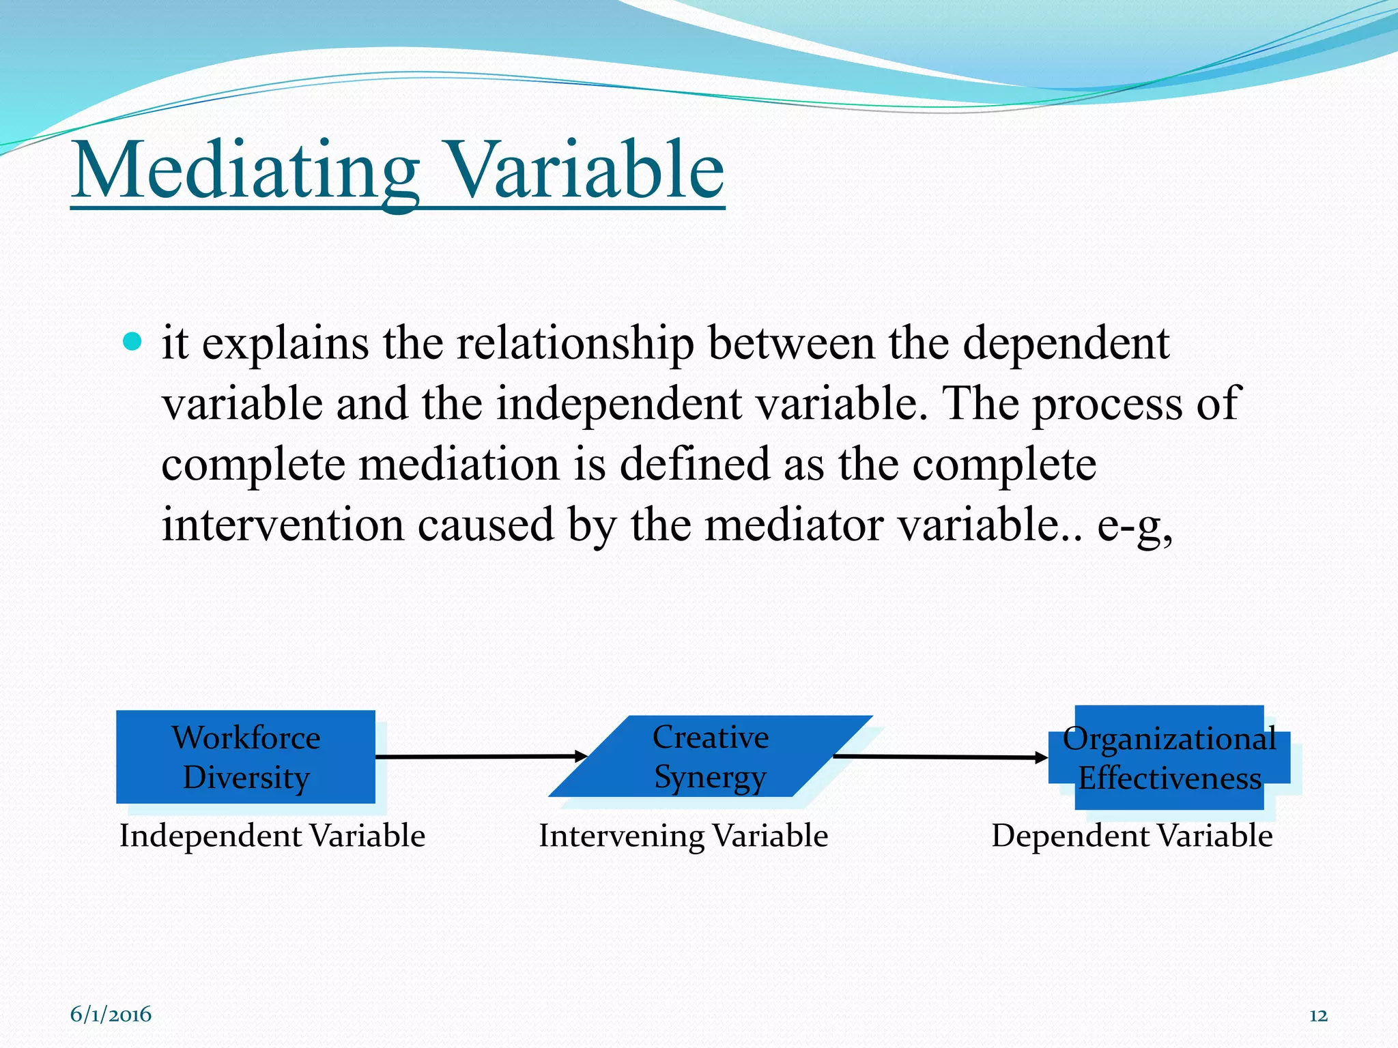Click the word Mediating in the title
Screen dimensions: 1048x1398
pos(246,171)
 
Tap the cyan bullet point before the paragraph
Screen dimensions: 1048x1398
pos(132,341)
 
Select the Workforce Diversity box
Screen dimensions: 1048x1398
pos(246,757)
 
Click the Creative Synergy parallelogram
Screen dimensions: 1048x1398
pos(710,757)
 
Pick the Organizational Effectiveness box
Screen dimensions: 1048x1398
pos(1169,757)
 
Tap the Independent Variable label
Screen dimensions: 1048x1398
pos(272,836)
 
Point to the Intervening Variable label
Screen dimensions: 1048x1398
pos(683,836)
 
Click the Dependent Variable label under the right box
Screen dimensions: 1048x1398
pos(1132,836)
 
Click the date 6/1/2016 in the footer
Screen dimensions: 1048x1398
pos(111,1015)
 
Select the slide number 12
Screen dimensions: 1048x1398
pos(1318,1016)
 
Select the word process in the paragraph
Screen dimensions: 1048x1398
pos(1107,404)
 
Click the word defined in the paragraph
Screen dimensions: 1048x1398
pos(695,465)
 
